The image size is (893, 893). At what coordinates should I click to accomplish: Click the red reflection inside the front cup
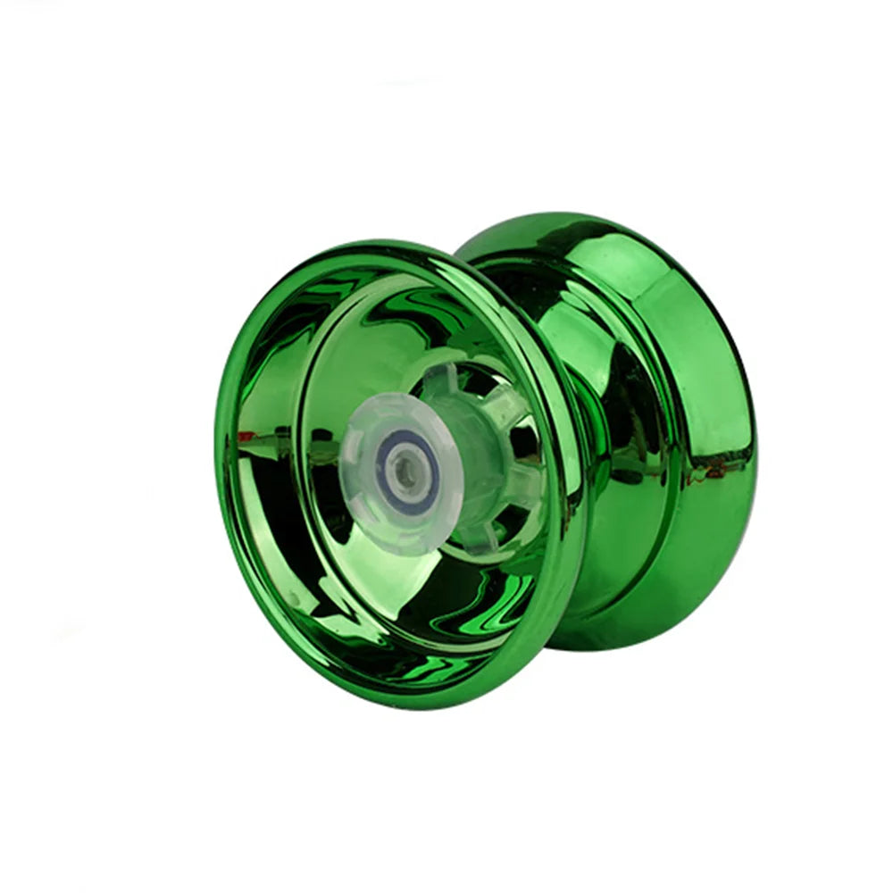246,438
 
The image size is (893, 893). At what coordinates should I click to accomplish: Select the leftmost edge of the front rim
220,464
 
